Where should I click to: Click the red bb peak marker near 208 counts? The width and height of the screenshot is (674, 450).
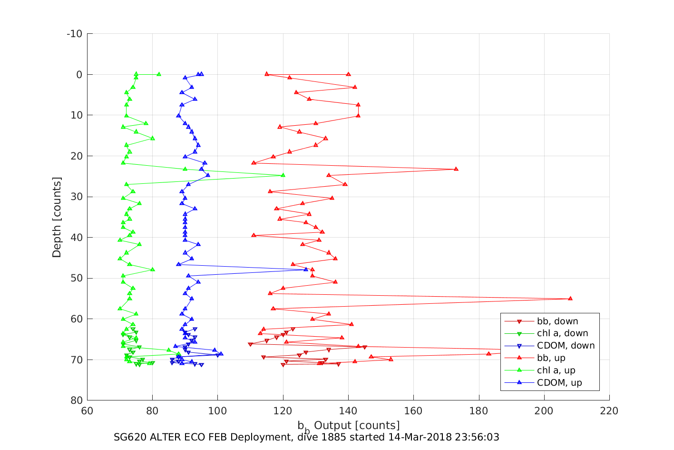(x=570, y=299)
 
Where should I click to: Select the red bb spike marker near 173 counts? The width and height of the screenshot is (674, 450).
(x=456, y=169)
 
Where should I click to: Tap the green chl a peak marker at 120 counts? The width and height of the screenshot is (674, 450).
(x=283, y=175)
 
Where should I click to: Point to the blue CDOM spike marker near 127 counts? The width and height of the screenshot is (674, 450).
(x=306, y=270)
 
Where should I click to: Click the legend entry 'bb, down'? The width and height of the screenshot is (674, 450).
(x=557, y=321)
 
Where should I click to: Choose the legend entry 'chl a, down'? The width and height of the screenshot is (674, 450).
(x=562, y=333)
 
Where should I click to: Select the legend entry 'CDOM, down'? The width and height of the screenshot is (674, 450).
(x=566, y=346)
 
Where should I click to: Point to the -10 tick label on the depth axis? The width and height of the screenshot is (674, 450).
(x=74, y=34)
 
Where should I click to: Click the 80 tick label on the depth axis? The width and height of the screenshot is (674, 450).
(x=77, y=400)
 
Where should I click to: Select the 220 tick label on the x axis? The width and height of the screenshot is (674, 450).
(x=609, y=411)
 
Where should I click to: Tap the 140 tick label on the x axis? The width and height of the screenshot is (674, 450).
(x=348, y=411)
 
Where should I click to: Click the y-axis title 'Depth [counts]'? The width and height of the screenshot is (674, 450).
(x=57, y=217)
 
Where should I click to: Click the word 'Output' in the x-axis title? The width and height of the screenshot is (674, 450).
(x=333, y=425)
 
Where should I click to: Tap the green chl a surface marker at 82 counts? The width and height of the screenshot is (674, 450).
(x=159, y=74)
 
